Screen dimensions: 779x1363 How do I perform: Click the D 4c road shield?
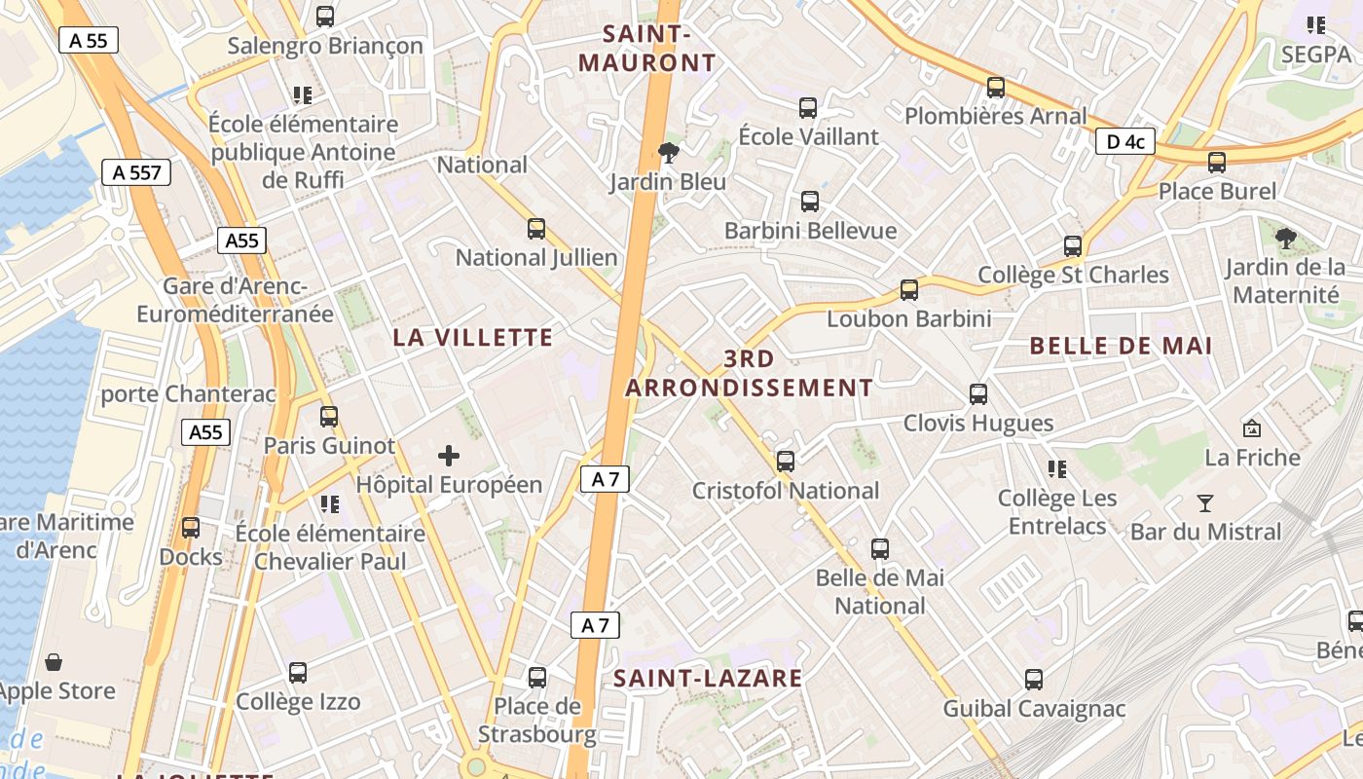point(1125,142)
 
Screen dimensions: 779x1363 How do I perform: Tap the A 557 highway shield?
point(136,173)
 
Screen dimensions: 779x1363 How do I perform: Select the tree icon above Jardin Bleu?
point(668,153)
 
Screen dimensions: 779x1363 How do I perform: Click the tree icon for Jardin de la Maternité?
point(1286,238)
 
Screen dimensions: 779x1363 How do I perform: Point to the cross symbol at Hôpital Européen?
point(449,455)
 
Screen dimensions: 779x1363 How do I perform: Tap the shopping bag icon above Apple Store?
point(55,662)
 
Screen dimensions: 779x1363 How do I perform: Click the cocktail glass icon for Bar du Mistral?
point(1205,503)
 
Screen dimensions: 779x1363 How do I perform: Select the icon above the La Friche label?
point(1252,427)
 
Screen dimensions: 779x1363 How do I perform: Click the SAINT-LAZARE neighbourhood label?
point(708,679)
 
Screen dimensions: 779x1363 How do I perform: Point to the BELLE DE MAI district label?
point(1121,346)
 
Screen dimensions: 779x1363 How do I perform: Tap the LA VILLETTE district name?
point(473,338)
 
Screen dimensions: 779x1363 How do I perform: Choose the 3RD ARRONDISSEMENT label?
point(749,373)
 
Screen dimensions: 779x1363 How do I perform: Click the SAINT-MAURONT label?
point(647,49)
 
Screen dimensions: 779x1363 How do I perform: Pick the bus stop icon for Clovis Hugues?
point(978,394)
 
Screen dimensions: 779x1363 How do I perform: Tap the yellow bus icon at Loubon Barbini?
point(909,289)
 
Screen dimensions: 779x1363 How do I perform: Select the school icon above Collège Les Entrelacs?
point(1057,469)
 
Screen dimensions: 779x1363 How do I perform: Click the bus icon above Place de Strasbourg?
point(536,677)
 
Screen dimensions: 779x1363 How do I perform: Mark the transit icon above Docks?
point(191,528)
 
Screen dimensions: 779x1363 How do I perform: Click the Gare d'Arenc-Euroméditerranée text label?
point(235,300)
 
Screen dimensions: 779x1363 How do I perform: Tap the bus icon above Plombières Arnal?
point(996,87)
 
